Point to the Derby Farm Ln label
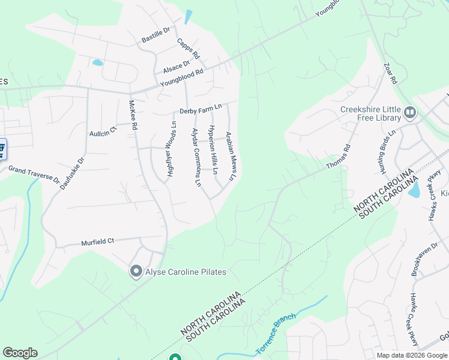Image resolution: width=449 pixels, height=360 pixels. (200, 109)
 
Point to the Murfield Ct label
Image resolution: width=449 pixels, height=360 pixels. (97, 242)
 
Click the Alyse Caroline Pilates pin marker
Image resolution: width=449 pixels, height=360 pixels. (136, 272)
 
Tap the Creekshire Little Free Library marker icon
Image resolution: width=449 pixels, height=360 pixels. (411, 112)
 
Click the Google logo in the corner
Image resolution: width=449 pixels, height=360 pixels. (20, 353)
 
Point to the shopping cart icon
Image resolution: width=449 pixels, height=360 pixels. (2, 148)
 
